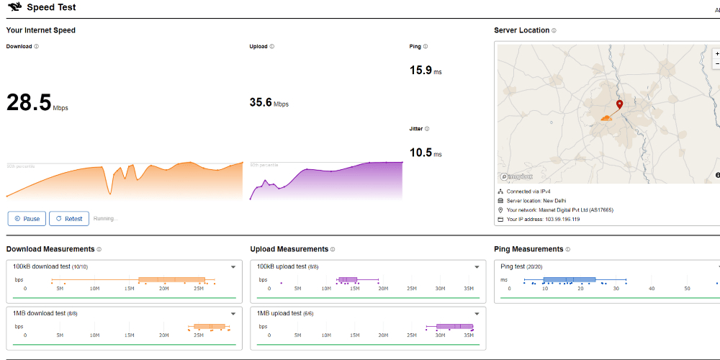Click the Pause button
tap(27, 218)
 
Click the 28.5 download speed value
tap(29, 102)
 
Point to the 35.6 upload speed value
tap(261, 102)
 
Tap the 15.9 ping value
tap(420, 70)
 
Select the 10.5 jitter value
tap(420, 153)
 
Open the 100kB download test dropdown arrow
tap(233, 267)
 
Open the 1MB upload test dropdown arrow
tap(477, 314)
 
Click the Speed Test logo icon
tap(14, 8)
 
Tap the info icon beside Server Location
tap(554, 31)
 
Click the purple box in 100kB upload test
tap(348, 279)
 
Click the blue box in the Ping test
tap(569, 279)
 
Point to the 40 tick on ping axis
tap(652, 289)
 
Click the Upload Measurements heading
tap(289, 249)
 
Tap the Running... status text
tap(105, 218)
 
